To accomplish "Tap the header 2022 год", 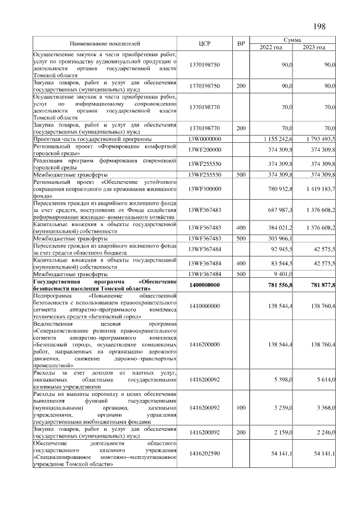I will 271,47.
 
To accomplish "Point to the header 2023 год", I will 314,47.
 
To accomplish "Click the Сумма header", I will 292,40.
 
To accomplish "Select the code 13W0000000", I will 205,138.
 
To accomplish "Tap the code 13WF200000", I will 205,149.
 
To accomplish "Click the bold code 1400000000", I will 205,285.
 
